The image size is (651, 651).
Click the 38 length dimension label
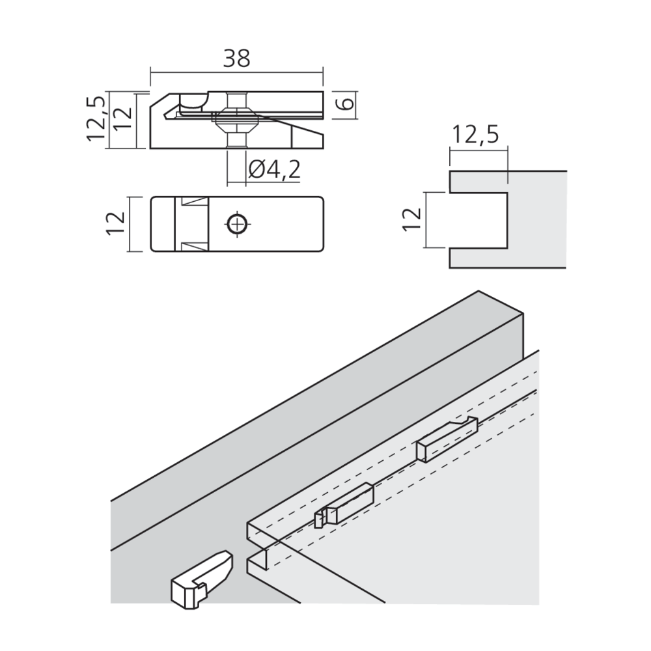[x=237, y=59]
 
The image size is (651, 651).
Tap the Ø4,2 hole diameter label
[x=274, y=169]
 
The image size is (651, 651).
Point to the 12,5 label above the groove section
[x=475, y=135]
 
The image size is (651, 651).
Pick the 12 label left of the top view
[x=116, y=224]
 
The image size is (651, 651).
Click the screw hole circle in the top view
[x=238, y=224]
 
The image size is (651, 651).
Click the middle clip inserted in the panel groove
[x=344, y=505]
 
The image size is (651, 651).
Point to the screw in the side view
[x=237, y=120]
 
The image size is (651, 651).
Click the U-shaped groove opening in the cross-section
[x=478, y=221]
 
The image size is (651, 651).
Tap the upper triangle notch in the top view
[x=194, y=202]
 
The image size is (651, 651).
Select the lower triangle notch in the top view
[x=194, y=246]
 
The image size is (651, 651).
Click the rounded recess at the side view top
[x=193, y=100]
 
